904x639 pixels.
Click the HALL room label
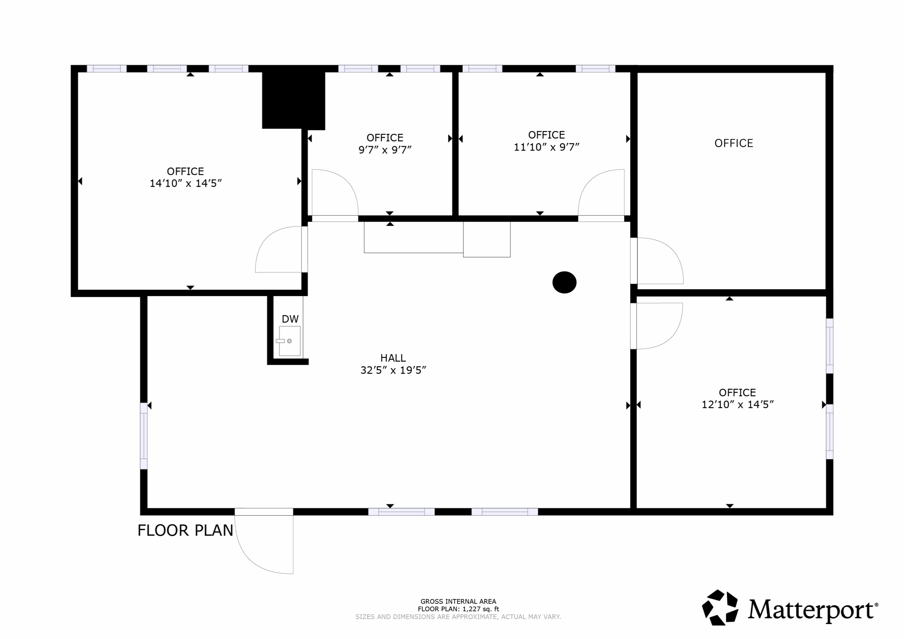393,358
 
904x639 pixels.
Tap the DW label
290,319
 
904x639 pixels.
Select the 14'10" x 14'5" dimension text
185,184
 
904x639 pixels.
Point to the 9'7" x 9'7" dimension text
385,150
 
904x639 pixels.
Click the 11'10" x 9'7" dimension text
547,147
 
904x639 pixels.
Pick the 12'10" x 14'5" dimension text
737,405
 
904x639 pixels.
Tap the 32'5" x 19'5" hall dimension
393,370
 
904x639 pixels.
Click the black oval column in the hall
564,282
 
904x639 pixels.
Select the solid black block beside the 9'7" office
294,100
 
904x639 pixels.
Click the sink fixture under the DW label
290,341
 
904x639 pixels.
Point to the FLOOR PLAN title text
185,530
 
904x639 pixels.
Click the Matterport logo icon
720,608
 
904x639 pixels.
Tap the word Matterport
811,610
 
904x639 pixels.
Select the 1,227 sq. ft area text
480,609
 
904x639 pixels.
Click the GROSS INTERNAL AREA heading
458,601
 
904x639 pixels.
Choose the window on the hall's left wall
144,436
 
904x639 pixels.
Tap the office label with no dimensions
733,143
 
